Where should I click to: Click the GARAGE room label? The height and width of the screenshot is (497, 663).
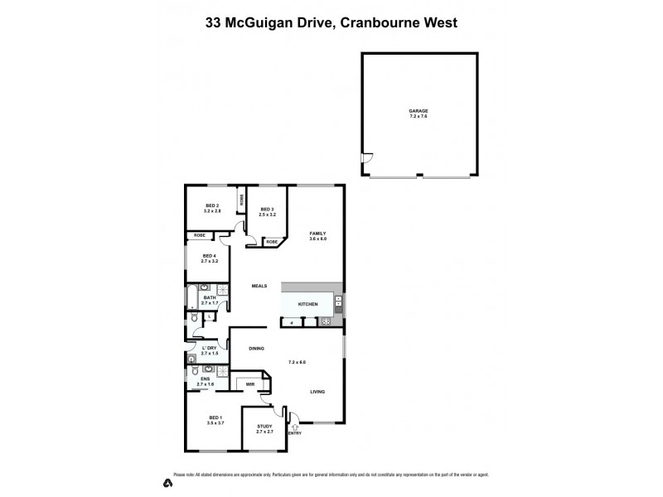(x=418, y=110)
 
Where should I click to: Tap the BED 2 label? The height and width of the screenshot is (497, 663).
(x=212, y=205)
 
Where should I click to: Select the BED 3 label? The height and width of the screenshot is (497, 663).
(x=267, y=210)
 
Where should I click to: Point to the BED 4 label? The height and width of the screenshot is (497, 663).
(x=209, y=256)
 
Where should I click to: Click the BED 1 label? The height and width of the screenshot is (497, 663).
(x=215, y=417)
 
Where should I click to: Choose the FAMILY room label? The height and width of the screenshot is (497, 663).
(x=318, y=234)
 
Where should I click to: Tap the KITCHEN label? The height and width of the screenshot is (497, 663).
(x=307, y=305)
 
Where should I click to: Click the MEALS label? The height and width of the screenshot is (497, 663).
(x=260, y=286)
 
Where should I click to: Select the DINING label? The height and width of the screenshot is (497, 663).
(x=256, y=348)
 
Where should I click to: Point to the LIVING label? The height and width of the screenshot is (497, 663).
(x=317, y=391)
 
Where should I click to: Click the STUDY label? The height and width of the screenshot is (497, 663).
(x=264, y=427)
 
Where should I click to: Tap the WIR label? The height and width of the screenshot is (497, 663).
(x=249, y=384)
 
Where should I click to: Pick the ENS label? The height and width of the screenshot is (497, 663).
(x=205, y=379)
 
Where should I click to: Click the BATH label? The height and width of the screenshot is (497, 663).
(x=210, y=297)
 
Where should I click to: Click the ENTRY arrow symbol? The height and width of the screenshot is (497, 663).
(x=294, y=426)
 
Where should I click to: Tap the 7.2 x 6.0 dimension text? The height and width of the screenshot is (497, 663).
(x=297, y=362)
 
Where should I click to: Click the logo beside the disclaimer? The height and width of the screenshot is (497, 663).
(x=167, y=481)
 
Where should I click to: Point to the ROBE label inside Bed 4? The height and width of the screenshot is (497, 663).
(x=200, y=236)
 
